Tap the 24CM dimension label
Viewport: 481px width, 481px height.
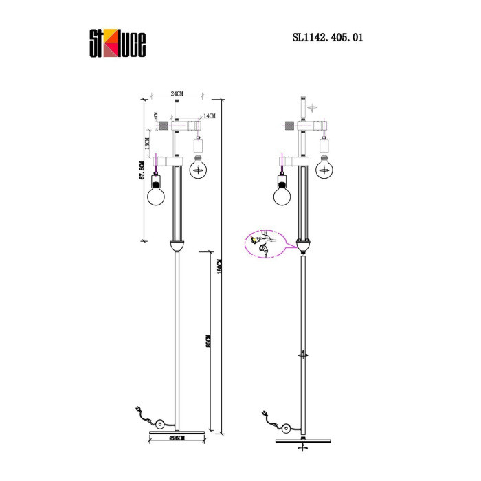click(x=177, y=93)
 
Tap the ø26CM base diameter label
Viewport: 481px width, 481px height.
click(x=177, y=437)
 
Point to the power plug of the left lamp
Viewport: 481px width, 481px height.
click(x=140, y=414)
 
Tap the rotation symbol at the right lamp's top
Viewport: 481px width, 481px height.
click(x=313, y=107)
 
